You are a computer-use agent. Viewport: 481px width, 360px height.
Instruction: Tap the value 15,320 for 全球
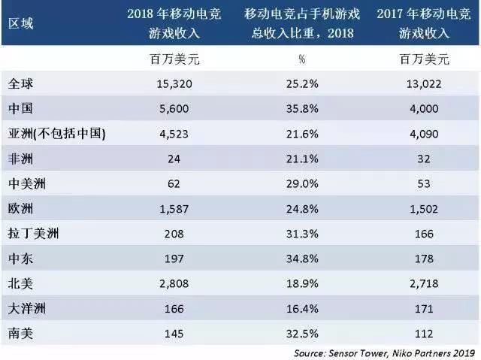[x=175, y=86]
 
